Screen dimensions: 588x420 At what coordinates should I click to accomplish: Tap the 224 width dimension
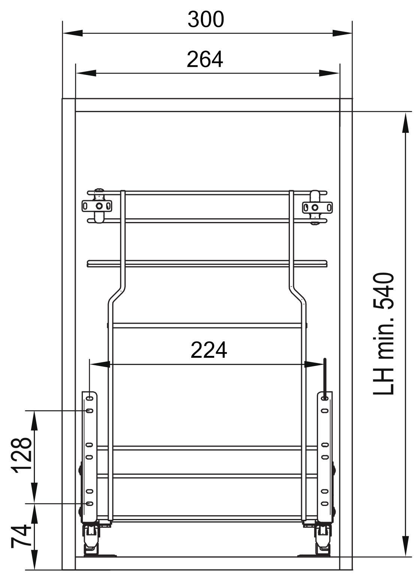(209, 350)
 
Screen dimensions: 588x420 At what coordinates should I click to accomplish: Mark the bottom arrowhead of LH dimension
(405, 546)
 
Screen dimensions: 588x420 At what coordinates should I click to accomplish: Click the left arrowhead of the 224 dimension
(100, 364)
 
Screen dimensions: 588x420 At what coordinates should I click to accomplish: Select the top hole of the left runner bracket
(90, 398)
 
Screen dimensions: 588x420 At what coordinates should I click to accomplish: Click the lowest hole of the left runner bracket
(90, 503)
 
